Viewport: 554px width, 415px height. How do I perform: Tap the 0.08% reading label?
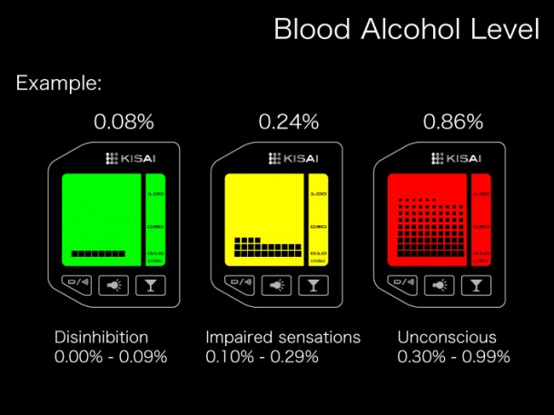124,121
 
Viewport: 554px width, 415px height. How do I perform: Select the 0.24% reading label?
289,121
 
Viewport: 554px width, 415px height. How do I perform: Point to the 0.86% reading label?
453,121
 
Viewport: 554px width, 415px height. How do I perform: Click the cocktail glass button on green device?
151,285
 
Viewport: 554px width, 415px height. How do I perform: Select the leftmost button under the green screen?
77,285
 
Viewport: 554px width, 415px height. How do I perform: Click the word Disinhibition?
101,338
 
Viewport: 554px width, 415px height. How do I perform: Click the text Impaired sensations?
282,338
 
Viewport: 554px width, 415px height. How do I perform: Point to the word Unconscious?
447,338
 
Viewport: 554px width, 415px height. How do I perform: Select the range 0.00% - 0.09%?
111,357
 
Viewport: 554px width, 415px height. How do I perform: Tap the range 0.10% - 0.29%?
262,357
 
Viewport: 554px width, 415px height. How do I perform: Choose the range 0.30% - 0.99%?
453,357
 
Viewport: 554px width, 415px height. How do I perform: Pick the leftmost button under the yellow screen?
242,285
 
